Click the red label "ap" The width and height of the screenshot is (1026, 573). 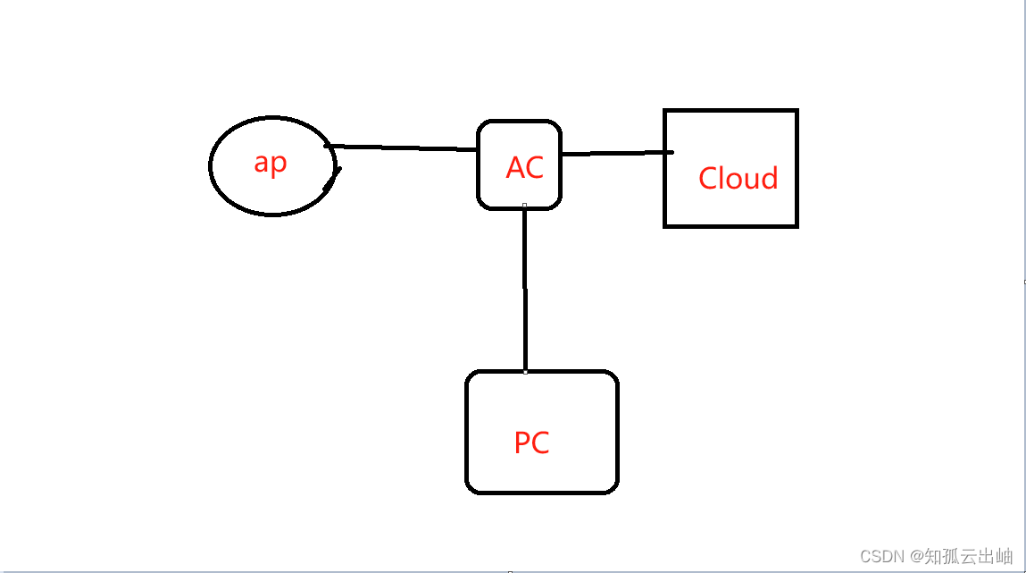point(271,164)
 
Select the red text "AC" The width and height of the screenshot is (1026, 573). point(524,167)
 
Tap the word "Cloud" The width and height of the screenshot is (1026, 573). point(738,179)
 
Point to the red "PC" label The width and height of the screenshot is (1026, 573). point(531,442)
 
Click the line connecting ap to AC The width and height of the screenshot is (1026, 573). point(402,147)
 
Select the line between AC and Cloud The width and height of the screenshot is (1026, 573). point(616,154)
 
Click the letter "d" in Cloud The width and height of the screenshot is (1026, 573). point(769,178)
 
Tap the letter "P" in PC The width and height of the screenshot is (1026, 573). point(522,442)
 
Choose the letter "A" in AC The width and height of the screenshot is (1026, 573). point(515,168)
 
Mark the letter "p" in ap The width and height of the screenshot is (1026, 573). point(279,165)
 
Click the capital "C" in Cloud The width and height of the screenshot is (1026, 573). point(708,179)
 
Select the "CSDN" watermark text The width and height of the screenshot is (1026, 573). point(878,557)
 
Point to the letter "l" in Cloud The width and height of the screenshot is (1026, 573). point(723,178)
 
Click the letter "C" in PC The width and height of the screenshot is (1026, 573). point(540,442)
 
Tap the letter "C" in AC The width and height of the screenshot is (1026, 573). point(534,168)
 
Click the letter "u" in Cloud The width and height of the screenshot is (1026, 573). point(751,180)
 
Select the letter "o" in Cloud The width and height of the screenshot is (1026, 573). point(736,180)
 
